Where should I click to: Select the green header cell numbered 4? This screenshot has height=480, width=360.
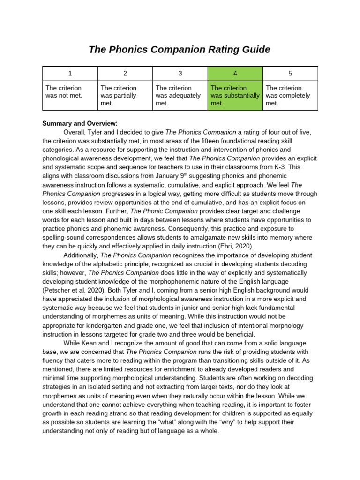(x=235, y=73)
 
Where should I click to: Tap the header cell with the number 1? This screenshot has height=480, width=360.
(x=70, y=73)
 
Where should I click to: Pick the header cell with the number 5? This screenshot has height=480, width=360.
(x=290, y=73)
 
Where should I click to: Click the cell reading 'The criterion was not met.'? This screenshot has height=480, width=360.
(x=70, y=95)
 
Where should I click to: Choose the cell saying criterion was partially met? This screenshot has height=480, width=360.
(x=125, y=95)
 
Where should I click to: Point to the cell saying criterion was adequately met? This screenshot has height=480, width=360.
(x=180, y=95)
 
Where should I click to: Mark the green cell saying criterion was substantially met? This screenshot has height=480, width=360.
(x=235, y=95)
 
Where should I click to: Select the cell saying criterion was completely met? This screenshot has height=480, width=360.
(x=290, y=95)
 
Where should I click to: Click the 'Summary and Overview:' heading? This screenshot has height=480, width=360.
(x=80, y=123)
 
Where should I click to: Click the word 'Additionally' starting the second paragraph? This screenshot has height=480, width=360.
(x=80, y=255)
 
